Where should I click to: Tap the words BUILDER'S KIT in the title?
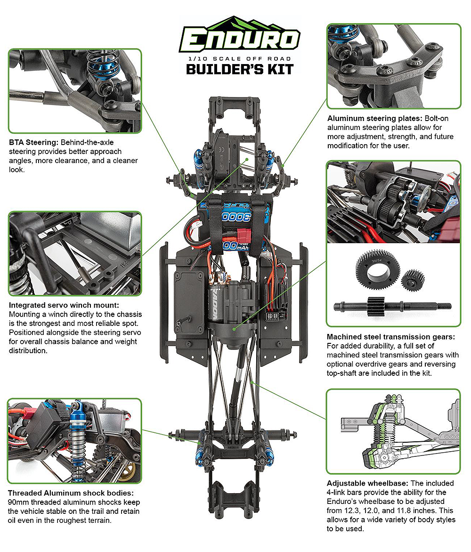(x=240, y=69)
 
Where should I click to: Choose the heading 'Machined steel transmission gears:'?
(x=390, y=337)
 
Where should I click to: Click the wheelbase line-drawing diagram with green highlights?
(x=393, y=430)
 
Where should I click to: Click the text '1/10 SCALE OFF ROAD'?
(x=240, y=58)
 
